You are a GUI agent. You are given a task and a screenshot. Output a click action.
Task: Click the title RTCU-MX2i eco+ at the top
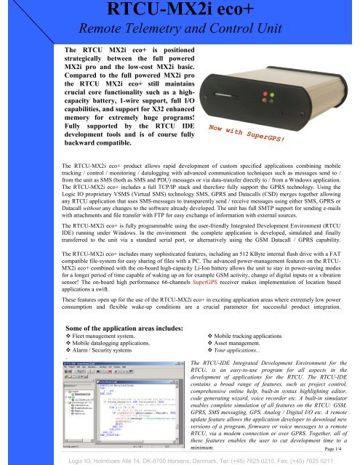click(x=180, y=10)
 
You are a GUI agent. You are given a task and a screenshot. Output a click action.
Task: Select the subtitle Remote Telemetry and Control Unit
click(x=180, y=29)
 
